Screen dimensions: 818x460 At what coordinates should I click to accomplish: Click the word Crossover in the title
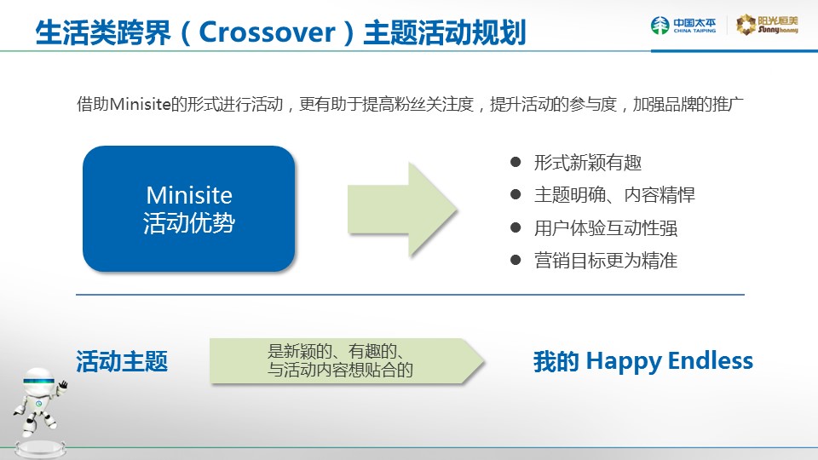267,32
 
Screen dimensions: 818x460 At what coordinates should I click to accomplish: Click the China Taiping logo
683,25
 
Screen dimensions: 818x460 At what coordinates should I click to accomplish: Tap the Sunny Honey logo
767,25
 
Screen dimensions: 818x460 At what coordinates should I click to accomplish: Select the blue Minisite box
189,209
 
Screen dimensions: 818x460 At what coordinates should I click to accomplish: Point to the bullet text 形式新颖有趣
587,163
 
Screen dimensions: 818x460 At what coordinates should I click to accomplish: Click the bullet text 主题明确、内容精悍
614,195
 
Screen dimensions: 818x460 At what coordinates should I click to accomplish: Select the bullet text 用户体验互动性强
606,228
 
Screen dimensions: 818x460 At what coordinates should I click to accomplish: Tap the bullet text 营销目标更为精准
606,261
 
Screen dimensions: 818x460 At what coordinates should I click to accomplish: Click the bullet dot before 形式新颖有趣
516,162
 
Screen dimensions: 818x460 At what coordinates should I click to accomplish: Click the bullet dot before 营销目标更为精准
516,260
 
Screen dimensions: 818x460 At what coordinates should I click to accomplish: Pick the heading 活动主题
122,361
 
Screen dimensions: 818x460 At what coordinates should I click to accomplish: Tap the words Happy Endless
670,361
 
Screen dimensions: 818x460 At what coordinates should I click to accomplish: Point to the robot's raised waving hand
63,386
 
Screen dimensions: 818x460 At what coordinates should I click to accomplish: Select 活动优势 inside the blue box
189,222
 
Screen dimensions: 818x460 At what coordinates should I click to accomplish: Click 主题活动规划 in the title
445,32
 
